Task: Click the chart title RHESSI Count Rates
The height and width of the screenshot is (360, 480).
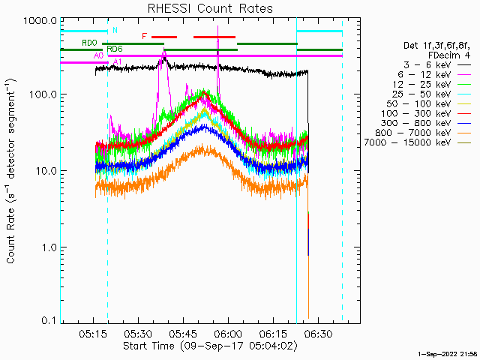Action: pyautogui.click(x=210, y=8)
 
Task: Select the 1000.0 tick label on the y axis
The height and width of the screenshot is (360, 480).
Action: pyautogui.click(x=40, y=22)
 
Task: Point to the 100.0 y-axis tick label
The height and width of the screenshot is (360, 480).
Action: pyautogui.click(x=43, y=94)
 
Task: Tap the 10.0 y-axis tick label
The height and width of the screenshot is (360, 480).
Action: pyautogui.click(x=47, y=171)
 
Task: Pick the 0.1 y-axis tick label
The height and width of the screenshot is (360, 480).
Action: pyautogui.click(x=49, y=320)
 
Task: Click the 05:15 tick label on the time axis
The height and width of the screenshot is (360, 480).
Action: pyautogui.click(x=93, y=334)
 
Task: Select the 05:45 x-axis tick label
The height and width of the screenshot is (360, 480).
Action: pyautogui.click(x=183, y=334)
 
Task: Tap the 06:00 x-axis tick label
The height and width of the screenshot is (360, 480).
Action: pyautogui.click(x=228, y=334)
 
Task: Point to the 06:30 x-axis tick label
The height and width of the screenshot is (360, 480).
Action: pyautogui.click(x=318, y=334)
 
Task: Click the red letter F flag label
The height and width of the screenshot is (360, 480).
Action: pyautogui.click(x=145, y=37)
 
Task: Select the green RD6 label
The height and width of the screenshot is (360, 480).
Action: pyautogui.click(x=115, y=49)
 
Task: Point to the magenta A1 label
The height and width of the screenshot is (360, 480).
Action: pyautogui.click(x=118, y=62)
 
